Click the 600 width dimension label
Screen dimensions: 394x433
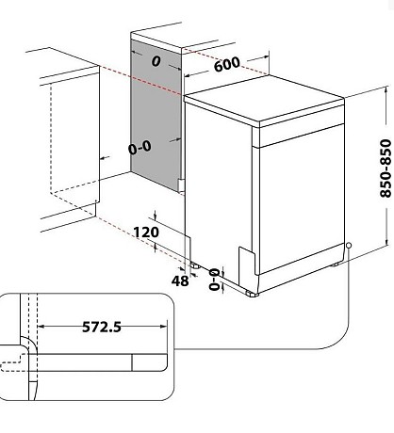227,64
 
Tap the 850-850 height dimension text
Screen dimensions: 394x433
386,168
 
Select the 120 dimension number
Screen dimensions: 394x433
146,233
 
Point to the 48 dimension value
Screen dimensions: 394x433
180,281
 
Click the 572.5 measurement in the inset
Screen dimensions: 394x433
102,327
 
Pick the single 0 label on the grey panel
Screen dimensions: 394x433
156,61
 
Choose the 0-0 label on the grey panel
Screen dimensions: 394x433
140,148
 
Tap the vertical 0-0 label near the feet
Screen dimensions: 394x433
215,279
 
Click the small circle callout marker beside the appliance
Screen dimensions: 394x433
348,245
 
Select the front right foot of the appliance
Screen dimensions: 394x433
253,294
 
